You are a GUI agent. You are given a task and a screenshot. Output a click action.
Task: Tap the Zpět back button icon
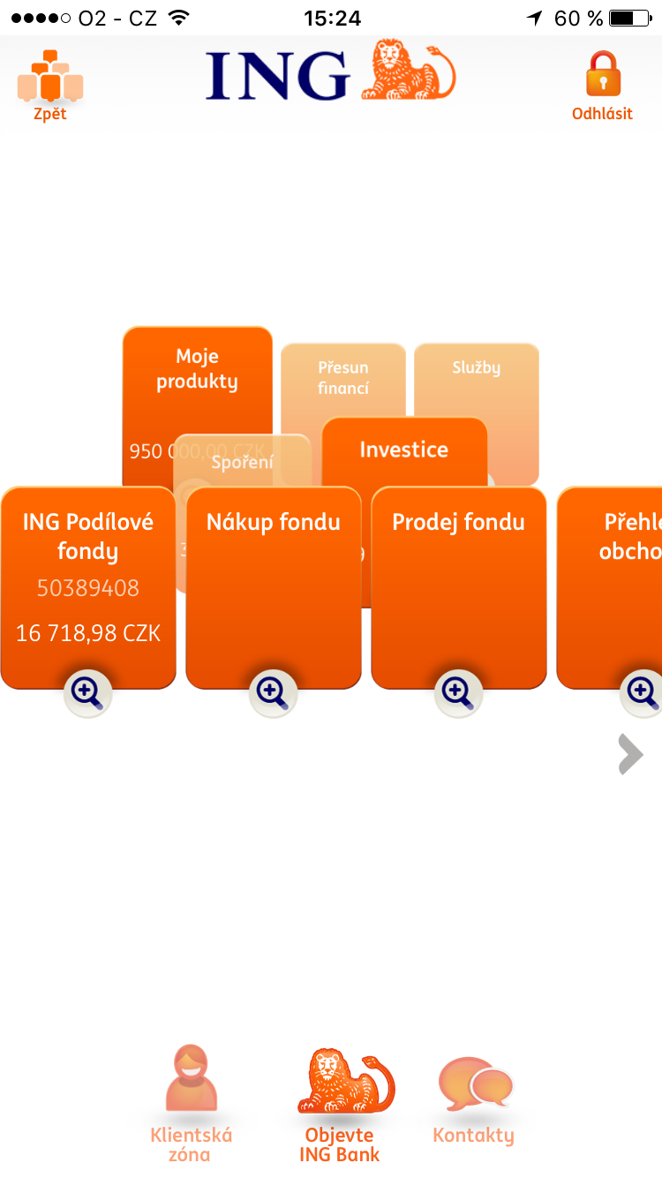[x=50, y=76]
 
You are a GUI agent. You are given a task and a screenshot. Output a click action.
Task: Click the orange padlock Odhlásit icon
[x=603, y=74]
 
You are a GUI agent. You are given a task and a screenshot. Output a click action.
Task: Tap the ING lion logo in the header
[x=409, y=70]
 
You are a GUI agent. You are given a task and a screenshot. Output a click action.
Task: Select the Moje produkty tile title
[x=197, y=369]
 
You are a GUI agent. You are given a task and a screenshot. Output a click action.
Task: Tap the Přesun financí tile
[x=343, y=378]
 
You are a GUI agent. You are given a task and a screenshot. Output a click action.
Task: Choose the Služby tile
[x=476, y=368]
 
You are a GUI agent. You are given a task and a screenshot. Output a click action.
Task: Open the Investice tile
[x=404, y=449]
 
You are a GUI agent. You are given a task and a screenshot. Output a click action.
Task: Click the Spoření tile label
[x=243, y=461]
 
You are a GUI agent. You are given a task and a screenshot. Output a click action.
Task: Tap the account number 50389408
[x=88, y=588]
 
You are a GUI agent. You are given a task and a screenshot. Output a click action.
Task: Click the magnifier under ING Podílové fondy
[x=87, y=692]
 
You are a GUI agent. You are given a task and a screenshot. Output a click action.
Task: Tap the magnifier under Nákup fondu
[x=273, y=692]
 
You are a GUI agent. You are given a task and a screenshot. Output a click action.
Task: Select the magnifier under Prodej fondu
[x=458, y=692]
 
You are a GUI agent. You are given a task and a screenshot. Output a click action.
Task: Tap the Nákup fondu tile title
[x=274, y=522]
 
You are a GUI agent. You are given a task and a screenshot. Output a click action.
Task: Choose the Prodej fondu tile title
[x=458, y=522]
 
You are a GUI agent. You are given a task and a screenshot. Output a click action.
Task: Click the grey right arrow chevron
[x=630, y=754]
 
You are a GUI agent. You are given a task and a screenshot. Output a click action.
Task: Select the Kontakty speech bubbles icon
[x=475, y=1084]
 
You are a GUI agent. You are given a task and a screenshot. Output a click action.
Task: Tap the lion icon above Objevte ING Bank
[x=344, y=1082]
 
